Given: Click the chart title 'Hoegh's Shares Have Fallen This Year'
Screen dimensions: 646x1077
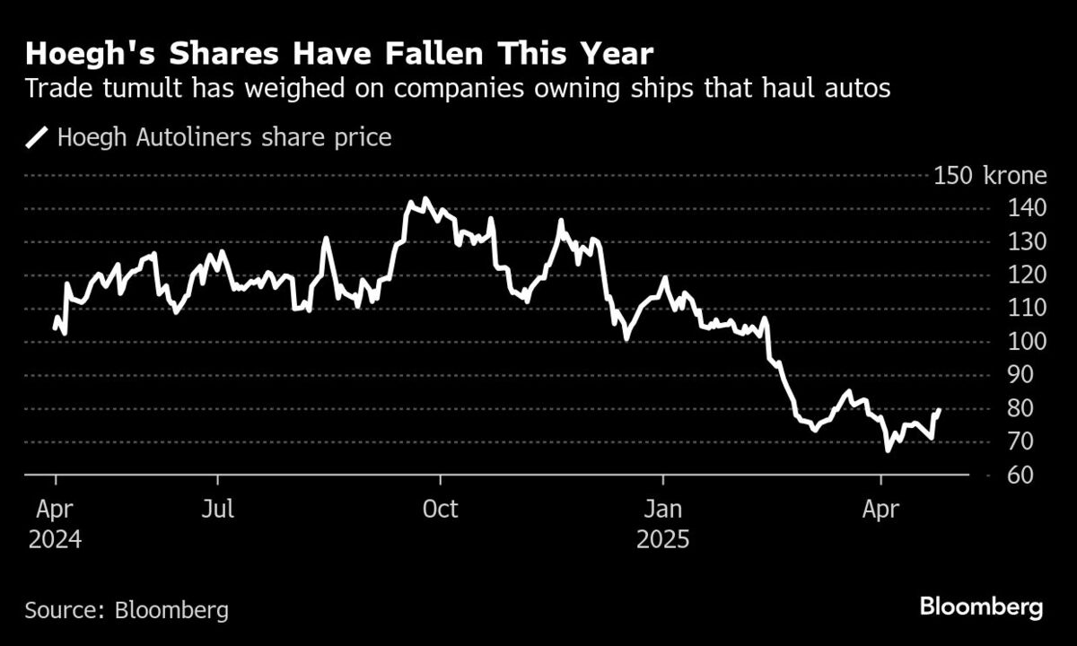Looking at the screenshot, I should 338,55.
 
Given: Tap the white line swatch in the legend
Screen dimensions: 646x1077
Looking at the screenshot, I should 38,138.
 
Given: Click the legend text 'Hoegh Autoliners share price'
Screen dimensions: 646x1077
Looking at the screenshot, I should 224,138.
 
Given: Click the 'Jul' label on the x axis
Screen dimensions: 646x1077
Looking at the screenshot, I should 217,510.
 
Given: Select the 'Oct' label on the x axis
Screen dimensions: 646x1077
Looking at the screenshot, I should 440,510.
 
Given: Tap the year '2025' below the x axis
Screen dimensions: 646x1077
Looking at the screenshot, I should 663,540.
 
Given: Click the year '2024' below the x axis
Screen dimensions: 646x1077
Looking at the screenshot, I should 55,540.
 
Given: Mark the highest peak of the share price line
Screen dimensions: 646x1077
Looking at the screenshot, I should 425,199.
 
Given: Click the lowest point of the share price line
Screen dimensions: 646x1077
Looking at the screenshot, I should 888,450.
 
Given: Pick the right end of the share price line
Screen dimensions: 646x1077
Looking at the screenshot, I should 939,410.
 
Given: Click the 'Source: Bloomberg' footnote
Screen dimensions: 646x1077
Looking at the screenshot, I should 127,611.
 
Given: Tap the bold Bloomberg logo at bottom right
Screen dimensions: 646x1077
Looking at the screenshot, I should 981,607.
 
